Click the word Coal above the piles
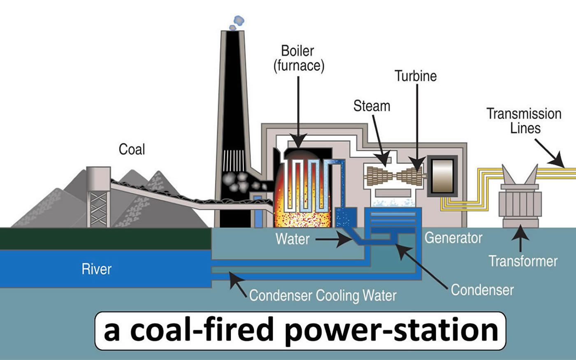(x=132, y=149)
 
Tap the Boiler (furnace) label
(x=299, y=58)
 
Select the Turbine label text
(x=416, y=76)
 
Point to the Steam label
(x=372, y=106)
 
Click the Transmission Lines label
(x=524, y=121)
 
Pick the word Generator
(x=453, y=238)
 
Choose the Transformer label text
(x=523, y=261)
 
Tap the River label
(x=96, y=269)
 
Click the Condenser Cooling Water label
(x=323, y=295)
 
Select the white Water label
(x=293, y=239)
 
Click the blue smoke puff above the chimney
(x=237, y=23)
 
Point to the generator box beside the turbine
(x=443, y=176)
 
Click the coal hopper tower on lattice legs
(x=98, y=197)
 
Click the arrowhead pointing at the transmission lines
(x=557, y=161)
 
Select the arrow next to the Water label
(x=334, y=239)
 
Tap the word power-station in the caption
(x=392, y=331)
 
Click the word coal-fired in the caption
(x=201, y=329)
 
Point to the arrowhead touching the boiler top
(x=298, y=141)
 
